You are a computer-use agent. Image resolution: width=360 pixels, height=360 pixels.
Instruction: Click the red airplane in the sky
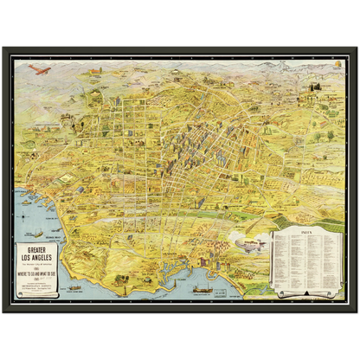click(x=35, y=69)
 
